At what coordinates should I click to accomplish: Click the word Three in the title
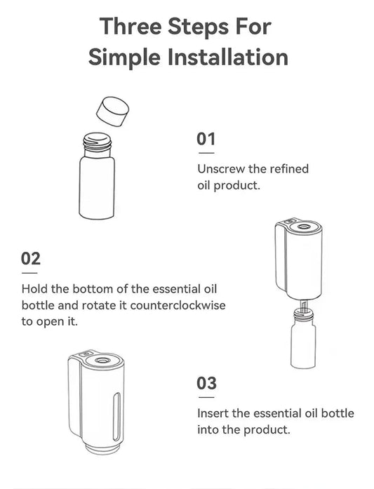(x=131, y=26)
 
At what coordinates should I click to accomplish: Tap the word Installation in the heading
(x=228, y=57)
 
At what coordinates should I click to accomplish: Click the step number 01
(x=206, y=139)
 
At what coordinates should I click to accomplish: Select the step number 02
(x=31, y=259)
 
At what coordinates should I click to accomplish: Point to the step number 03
(x=206, y=383)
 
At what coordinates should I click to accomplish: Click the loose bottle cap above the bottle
(x=112, y=112)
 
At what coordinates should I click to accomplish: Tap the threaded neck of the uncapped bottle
(x=98, y=142)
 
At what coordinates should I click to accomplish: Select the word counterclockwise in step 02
(x=178, y=305)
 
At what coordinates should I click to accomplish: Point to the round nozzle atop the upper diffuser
(x=303, y=227)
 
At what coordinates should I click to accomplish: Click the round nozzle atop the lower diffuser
(x=101, y=361)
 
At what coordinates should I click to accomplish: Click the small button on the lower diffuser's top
(x=86, y=354)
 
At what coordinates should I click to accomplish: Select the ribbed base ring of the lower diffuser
(x=102, y=448)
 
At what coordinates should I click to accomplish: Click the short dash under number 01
(x=206, y=153)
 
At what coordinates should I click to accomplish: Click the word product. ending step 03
(x=267, y=430)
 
